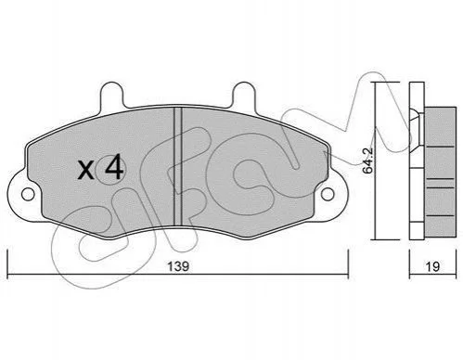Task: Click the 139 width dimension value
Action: pyautogui.click(x=178, y=266)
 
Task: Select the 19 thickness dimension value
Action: pyautogui.click(x=432, y=266)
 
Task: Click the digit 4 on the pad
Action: pyautogui.click(x=114, y=167)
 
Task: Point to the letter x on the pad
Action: pyautogui.click(x=86, y=170)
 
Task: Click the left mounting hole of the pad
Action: pyautogui.click(x=28, y=194)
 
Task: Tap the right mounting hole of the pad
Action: pyautogui.click(x=328, y=194)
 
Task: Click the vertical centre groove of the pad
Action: pyautogui.click(x=177, y=166)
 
